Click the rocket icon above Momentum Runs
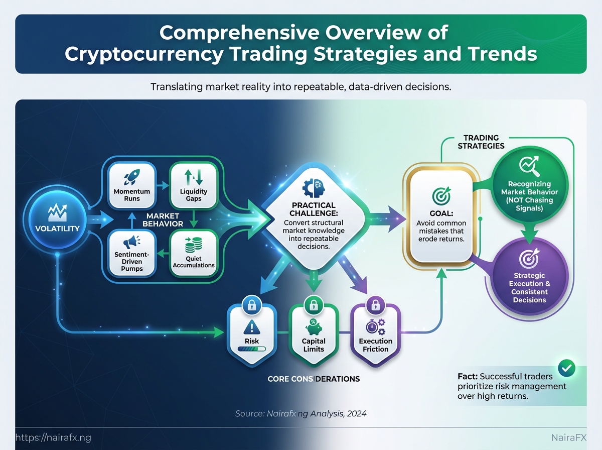coord(132,177)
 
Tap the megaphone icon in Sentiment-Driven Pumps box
coord(131,242)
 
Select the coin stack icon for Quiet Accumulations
coord(193,245)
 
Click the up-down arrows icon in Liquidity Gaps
coord(194,177)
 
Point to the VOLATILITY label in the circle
coord(57,229)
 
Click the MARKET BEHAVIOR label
coord(163,220)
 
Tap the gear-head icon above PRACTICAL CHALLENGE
coord(314,188)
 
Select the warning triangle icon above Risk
coord(251,327)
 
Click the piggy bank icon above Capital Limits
coord(314,327)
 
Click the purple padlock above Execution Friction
coord(375,305)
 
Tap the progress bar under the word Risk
coord(251,349)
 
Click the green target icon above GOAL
coord(441,196)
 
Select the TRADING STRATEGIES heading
coord(481,142)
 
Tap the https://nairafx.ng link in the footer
coord(53,437)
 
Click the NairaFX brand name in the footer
coord(569,437)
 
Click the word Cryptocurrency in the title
coord(144,54)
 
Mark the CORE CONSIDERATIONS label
coord(314,379)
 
